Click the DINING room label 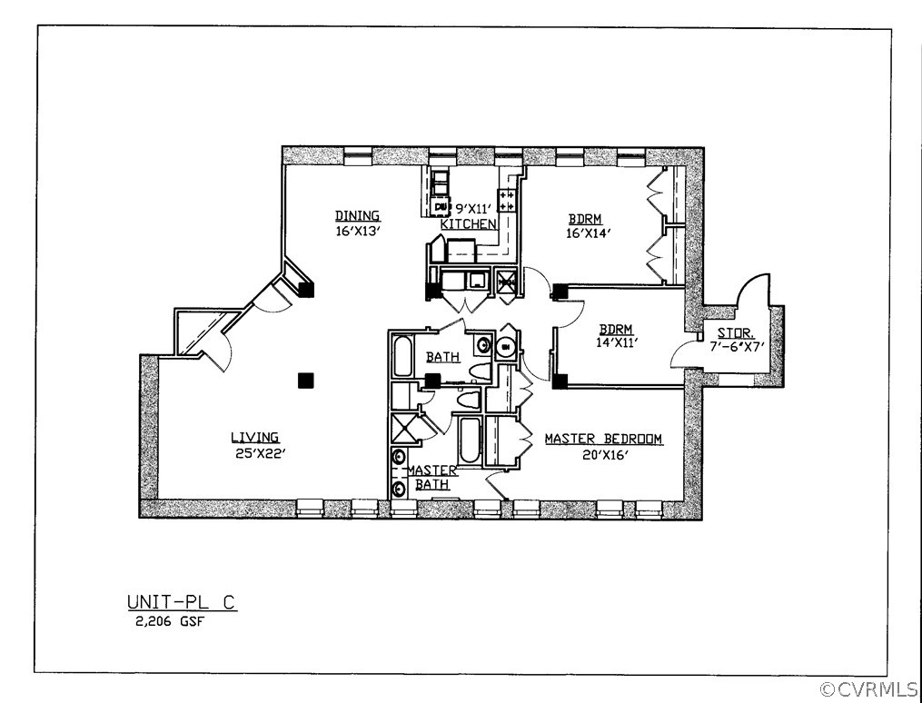coord(357,216)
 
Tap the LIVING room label coord(254,438)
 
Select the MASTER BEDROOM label coord(603,440)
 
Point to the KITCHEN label coord(469,224)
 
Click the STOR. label coord(736,333)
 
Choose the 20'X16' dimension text coord(604,455)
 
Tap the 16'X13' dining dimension coord(357,231)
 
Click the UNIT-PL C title coord(182,603)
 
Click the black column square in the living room coord(306,381)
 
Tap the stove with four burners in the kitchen coord(506,201)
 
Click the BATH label coord(442,358)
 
